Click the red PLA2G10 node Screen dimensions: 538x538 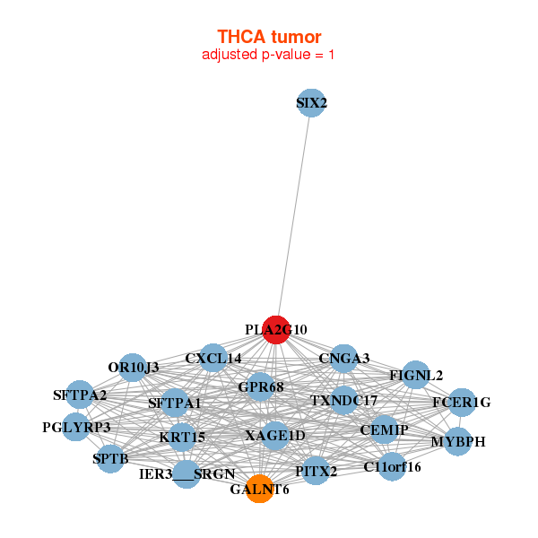point(276,330)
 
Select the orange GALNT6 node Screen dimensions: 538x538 point(260,489)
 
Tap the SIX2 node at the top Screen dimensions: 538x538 point(311,103)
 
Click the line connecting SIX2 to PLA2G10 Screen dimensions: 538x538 point(294,216)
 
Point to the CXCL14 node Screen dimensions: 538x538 point(213,358)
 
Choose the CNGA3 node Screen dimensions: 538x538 point(343,359)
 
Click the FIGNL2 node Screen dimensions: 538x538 point(416,375)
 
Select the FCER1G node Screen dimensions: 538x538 point(462,403)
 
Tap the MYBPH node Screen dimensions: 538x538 point(457,441)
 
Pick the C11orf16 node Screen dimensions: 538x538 point(392,466)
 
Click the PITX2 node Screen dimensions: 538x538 point(316,471)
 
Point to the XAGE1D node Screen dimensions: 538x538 point(275,436)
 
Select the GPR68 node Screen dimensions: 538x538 point(260,386)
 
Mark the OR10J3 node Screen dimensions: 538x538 point(133,368)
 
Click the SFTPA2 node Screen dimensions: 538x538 point(80,395)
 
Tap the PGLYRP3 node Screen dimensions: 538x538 point(76,427)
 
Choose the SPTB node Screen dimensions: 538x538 point(110,459)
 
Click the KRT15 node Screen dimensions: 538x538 point(182,438)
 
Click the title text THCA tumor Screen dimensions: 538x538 point(269,37)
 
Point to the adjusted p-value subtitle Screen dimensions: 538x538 point(268,55)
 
